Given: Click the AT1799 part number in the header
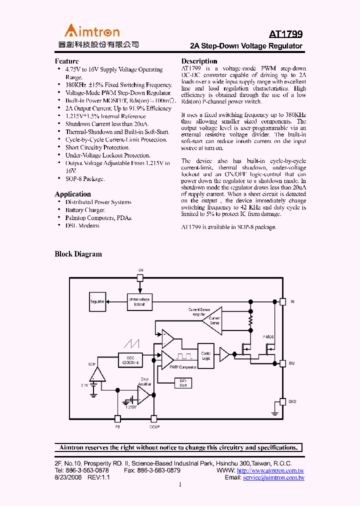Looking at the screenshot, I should [x=285, y=34].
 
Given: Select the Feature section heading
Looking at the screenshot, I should [x=66, y=61].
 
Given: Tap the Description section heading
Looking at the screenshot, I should [x=199, y=61].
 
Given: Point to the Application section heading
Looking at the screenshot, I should [x=72, y=194].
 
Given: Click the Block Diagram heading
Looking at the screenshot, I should [x=78, y=254].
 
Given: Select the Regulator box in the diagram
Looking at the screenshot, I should [x=97, y=301].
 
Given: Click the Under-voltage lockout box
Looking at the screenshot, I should [x=139, y=301].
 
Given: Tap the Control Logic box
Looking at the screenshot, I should [x=206, y=356].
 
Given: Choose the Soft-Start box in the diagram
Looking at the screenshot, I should [x=183, y=382].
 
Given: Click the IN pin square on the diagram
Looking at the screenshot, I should [x=282, y=301].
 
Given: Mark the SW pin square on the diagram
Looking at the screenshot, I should [x=282, y=363].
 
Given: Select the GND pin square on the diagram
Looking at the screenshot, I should [x=282, y=401].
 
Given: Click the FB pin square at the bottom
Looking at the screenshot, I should [x=118, y=419].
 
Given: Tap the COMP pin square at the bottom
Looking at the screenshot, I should [x=154, y=419].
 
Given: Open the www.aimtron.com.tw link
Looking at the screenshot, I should [x=270, y=470].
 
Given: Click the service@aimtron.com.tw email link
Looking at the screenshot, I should [x=273, y=477].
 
